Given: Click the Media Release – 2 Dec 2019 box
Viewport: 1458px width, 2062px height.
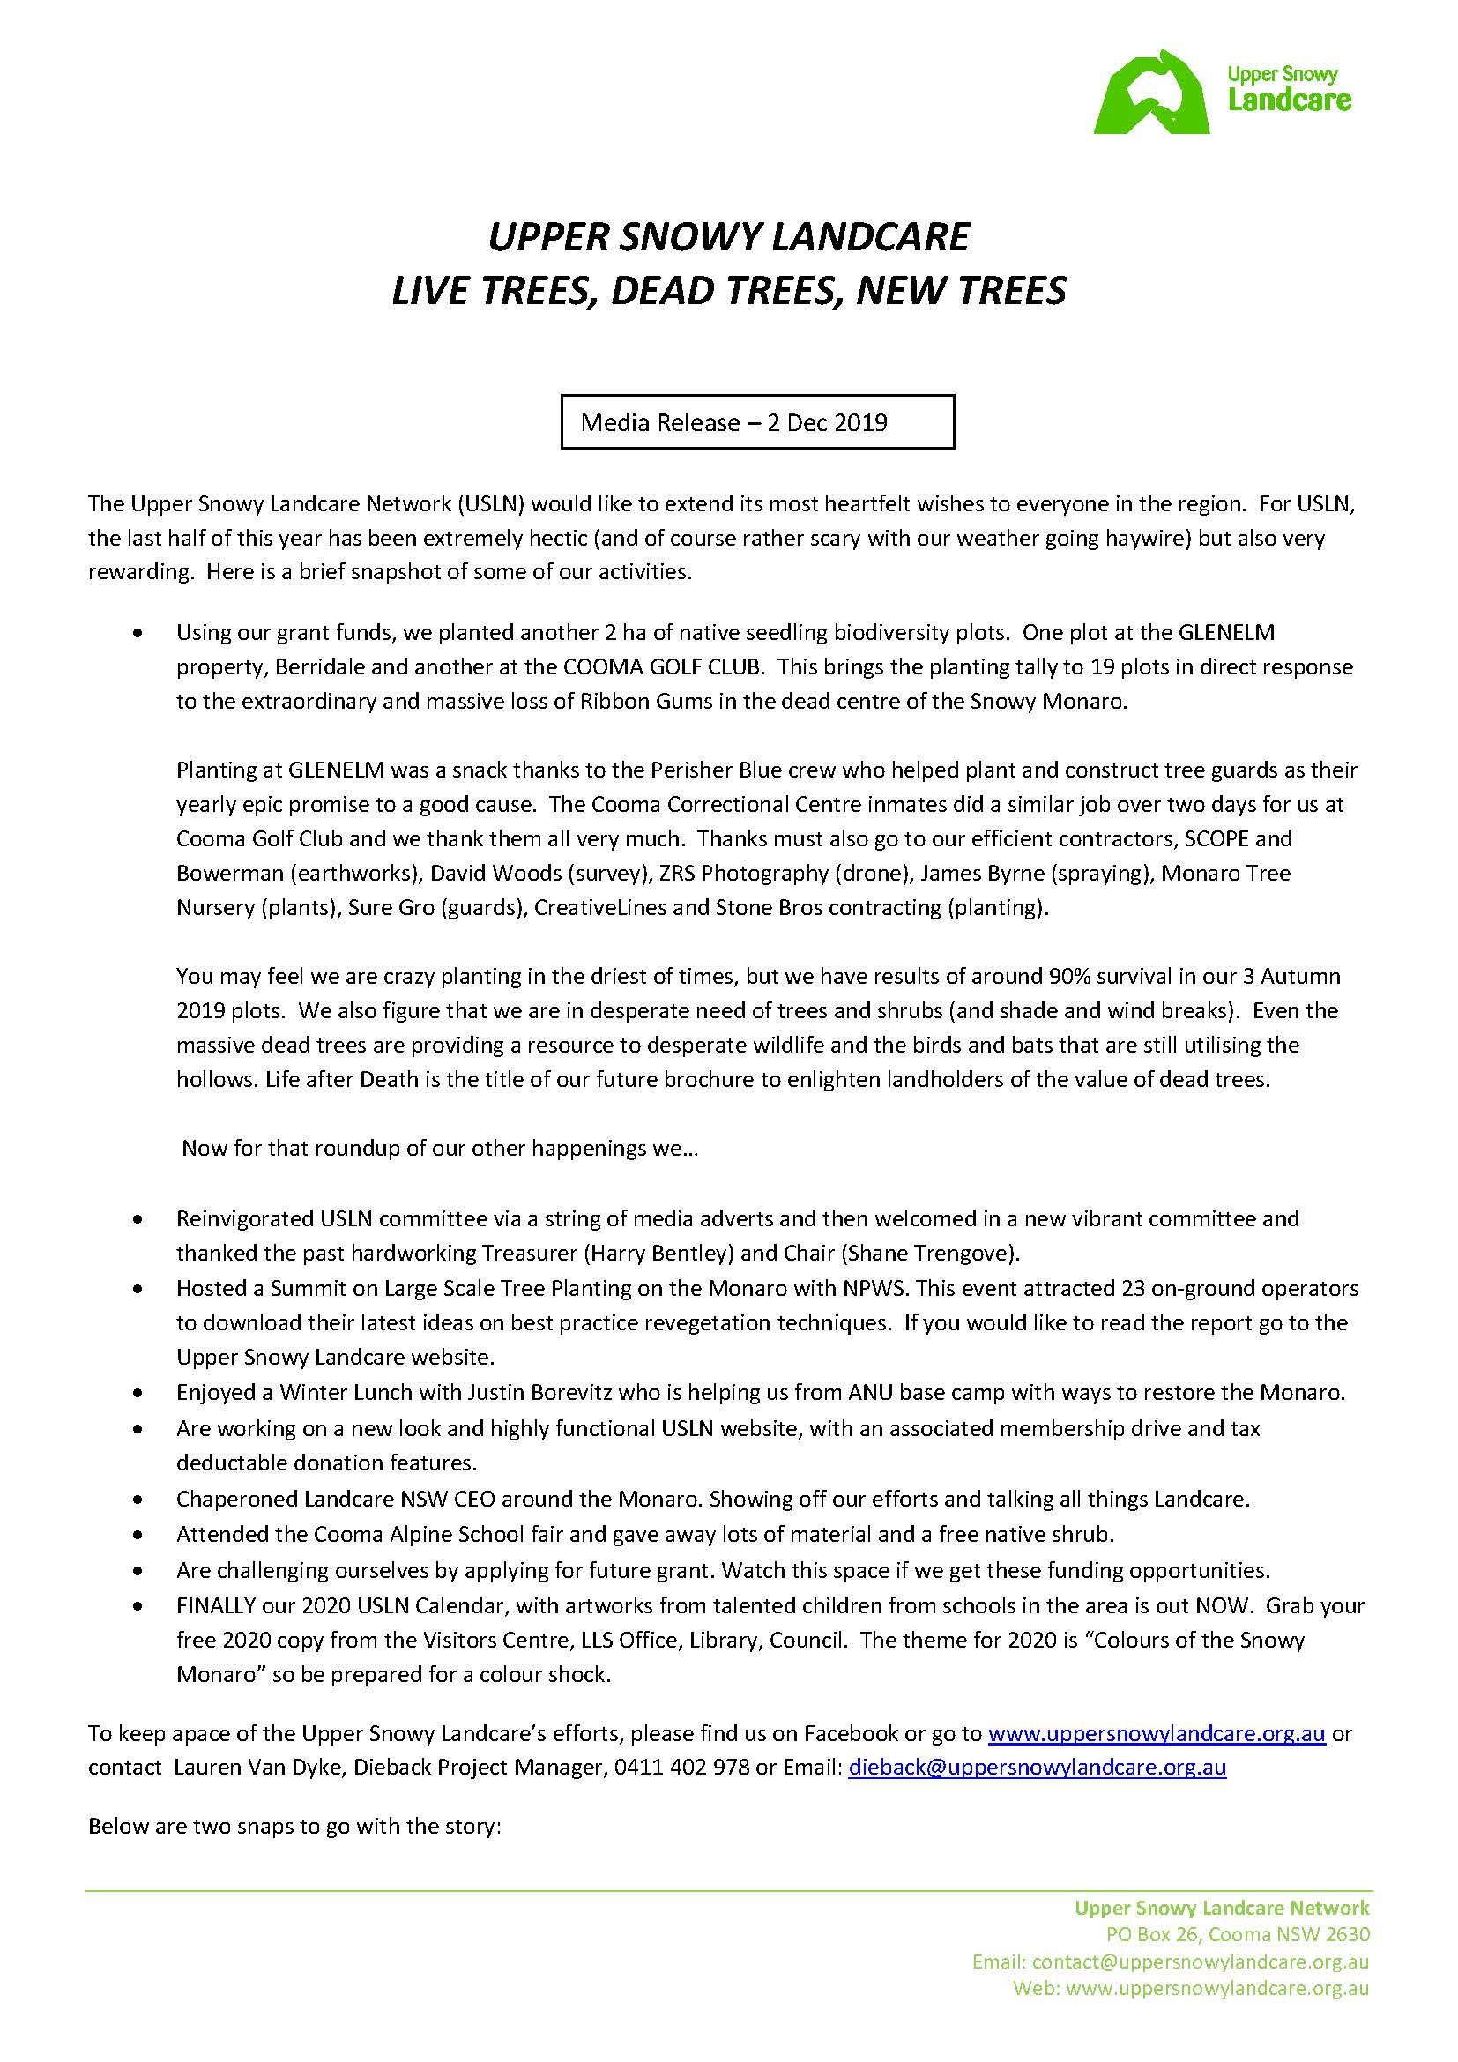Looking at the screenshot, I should click(757, 422).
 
